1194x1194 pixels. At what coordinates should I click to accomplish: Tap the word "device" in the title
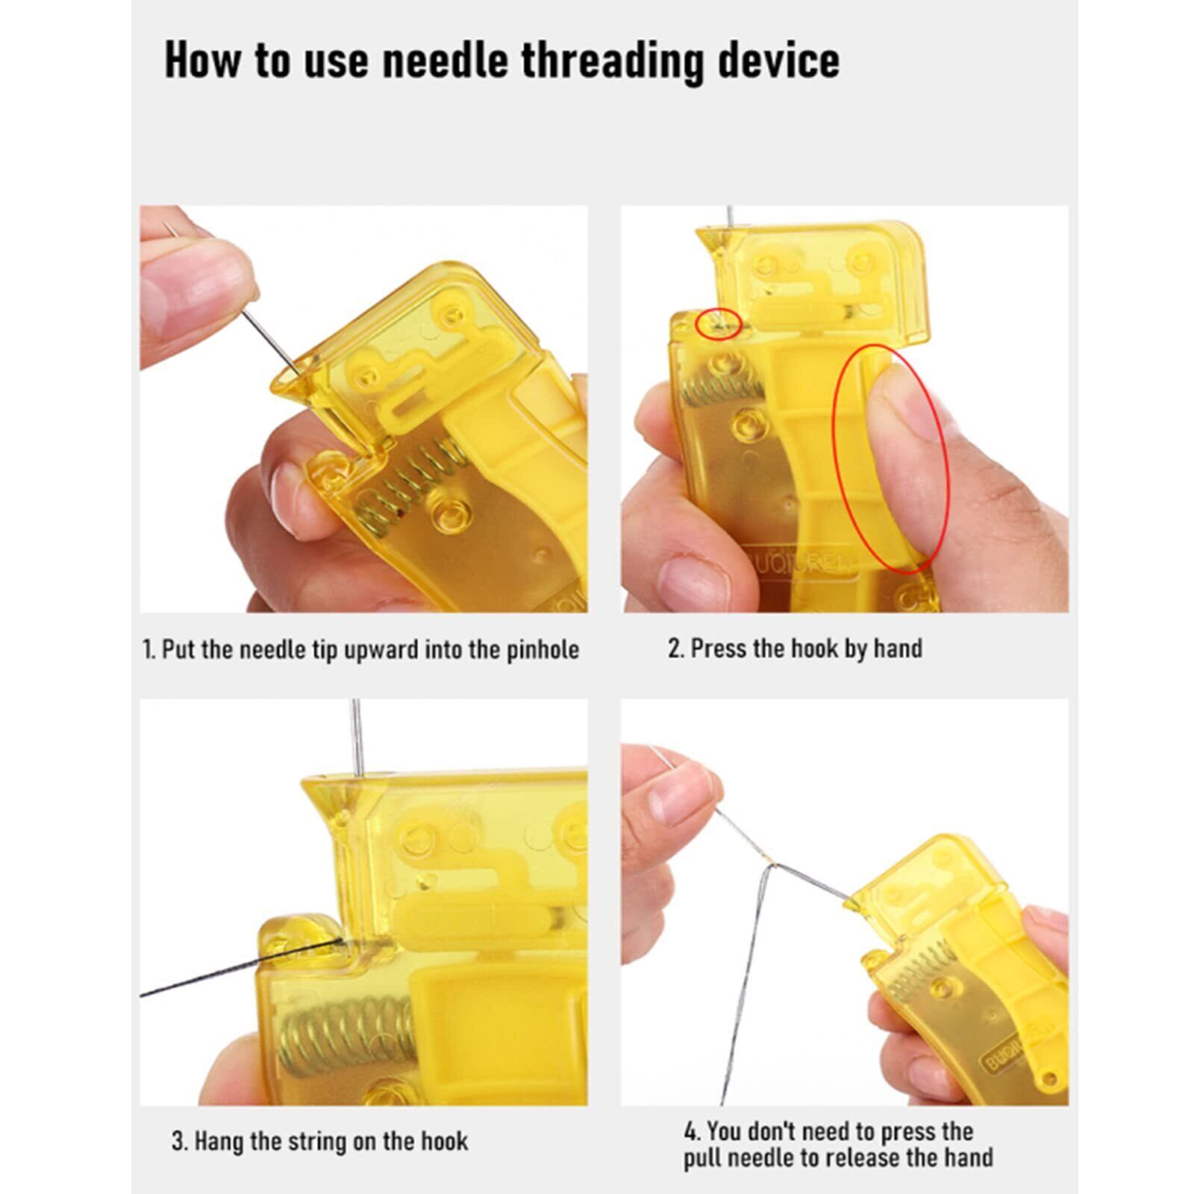tap(778, 60)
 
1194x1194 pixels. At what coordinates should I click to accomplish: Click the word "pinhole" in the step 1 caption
tap(543, 650)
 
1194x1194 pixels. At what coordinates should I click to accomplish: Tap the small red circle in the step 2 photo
tap(718, 324)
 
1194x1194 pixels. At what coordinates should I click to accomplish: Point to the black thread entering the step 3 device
tap(240, 969)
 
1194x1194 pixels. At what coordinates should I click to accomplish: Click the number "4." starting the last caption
tap(692, 1132)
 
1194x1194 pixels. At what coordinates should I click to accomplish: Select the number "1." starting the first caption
tap(149, 650)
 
